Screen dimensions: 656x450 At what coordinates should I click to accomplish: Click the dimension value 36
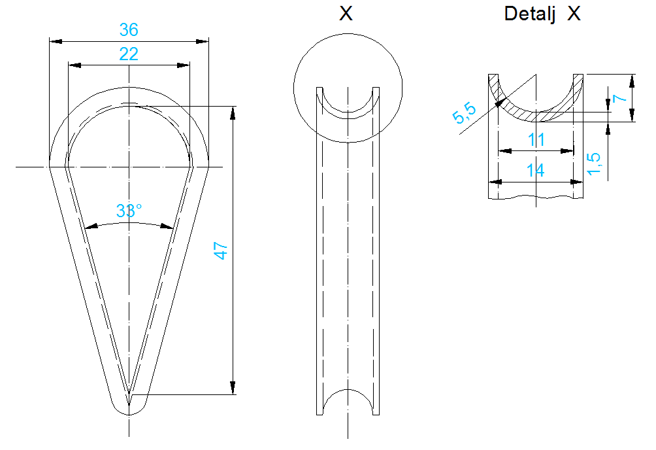(x=129, y=29)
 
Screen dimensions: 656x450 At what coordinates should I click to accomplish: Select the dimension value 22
(x=129, y=54)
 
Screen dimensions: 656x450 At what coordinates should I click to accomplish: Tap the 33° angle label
(x=129, y=211)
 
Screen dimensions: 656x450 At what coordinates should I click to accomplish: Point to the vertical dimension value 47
(x=220, y=251)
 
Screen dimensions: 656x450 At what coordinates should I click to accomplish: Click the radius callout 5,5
(x=464, y=113)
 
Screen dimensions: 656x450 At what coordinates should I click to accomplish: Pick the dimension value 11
(x=536, y=139)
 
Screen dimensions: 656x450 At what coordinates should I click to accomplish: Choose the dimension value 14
(x=536, y=171)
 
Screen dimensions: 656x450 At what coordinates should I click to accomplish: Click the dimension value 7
(x=619, y=99)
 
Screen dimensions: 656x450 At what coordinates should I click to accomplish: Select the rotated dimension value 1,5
(x=594, y=164)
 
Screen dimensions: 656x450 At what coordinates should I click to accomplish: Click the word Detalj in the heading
(x=530, y=14)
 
